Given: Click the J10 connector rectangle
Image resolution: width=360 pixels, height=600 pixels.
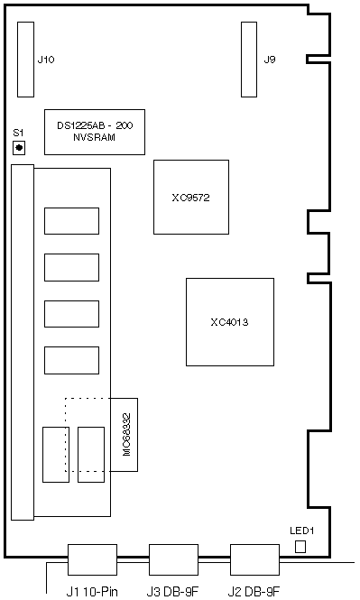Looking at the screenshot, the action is (25, 60).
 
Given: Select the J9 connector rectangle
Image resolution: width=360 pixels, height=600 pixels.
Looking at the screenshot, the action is (249, 60).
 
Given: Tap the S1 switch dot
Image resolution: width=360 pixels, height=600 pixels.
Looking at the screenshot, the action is (19, 147).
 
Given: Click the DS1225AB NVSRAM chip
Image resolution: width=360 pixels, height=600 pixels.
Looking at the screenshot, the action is (95, 132).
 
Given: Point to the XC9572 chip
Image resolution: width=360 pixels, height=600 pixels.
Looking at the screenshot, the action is (191, 197).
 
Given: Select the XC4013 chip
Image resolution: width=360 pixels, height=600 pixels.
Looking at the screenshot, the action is (230, 322).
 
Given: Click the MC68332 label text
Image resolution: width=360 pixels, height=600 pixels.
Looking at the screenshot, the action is (127, 434).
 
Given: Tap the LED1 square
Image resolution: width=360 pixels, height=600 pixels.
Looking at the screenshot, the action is (300, 547).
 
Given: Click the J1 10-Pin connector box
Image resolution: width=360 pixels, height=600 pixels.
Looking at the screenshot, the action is (92, 559).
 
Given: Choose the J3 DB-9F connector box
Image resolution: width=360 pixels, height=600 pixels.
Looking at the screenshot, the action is (174, 559).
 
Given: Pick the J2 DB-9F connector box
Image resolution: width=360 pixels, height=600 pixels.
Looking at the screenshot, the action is (254, 559).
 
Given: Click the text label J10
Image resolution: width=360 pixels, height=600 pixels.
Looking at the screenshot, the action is (46, 60).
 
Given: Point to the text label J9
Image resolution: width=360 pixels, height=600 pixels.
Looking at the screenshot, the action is (270, 60).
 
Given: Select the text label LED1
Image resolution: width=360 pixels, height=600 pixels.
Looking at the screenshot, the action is (302, 531).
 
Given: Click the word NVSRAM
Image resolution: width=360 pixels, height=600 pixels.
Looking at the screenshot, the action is (95, 137).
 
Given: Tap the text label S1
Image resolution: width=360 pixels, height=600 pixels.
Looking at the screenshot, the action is (18, 133).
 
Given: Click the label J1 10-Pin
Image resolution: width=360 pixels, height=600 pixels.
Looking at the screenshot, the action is (92, 592).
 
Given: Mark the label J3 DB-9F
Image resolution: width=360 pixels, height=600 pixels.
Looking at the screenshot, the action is (173, 592).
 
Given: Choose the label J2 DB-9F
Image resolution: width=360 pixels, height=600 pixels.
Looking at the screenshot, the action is (254, 592).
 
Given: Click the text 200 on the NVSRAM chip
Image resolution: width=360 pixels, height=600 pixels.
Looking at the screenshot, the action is (125, 125).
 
